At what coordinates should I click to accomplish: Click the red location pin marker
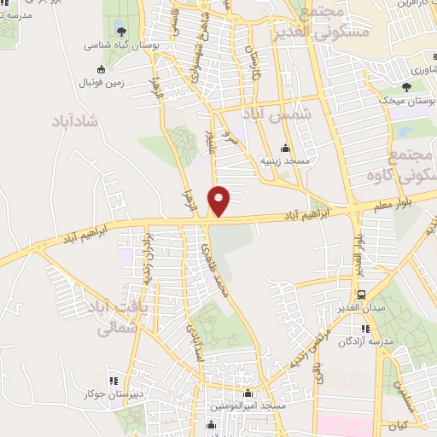pyautogui.click(x=219, y=201)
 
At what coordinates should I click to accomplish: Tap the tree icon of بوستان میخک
pyautogui.click(x=405, y=87)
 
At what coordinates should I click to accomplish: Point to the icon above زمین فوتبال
pyautogui.click(x=102, y=69)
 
